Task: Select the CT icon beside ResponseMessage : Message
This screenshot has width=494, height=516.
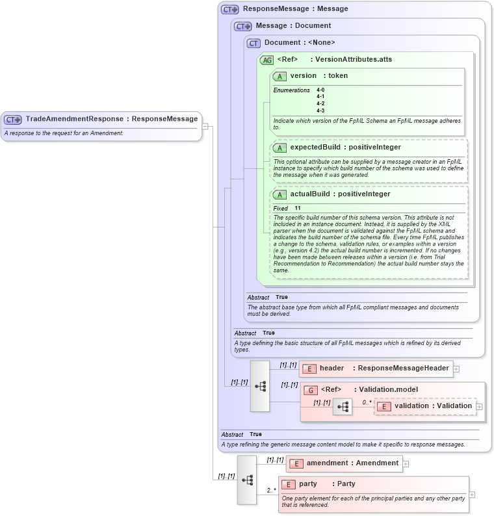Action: coord(229,9)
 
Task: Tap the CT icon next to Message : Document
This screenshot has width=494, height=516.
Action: coord(242,26)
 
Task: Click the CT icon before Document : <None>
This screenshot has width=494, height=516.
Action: coord(253,43)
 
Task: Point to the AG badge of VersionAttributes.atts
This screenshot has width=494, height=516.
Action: coord(266,60)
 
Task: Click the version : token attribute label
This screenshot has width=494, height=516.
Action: coord(318,76)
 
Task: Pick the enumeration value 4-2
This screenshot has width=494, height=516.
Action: coord(320,103)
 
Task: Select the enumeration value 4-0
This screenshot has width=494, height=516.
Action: coord(320,90)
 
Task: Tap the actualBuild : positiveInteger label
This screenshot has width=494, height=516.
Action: coord(340,194)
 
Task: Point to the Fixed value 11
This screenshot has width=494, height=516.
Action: coord(298,208)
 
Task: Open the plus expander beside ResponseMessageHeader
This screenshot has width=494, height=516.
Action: coord(456,369)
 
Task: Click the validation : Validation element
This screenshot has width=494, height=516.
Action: coord(432,406)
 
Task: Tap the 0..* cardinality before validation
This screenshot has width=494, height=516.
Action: coord(367,402)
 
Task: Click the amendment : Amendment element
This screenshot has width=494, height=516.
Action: coord(352,463)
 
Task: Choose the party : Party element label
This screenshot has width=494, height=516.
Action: coord(327,484)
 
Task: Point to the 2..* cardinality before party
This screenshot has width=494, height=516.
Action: coord(271,490)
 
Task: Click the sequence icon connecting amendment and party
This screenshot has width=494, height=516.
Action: coord(247,480)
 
